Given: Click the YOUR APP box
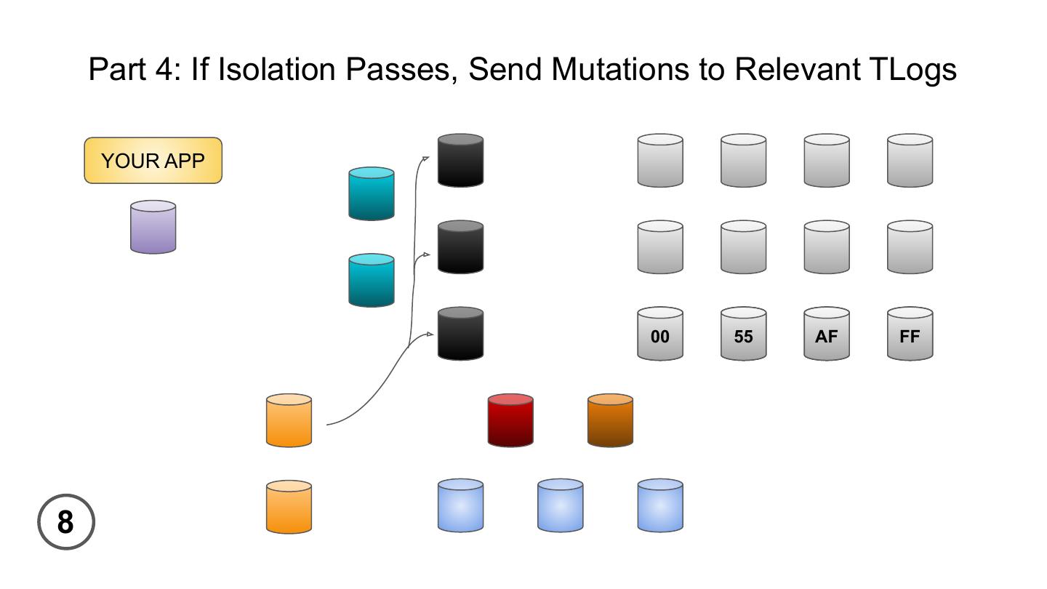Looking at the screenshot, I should coord(153,161).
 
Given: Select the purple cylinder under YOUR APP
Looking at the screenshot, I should coord(153,228).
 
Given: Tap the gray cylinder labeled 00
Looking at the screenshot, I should coord(660,334).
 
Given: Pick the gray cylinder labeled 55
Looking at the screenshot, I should coord(743,334).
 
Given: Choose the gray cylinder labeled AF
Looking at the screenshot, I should coord(827,334).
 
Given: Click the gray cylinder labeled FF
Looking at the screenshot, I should coord(910,334).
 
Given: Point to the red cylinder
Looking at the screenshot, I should coord(510,420).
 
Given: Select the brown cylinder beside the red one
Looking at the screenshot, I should coord(610,420).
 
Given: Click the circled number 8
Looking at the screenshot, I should coord(66,522).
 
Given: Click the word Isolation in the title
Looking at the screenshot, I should coord(278,70).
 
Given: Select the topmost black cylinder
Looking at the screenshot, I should coord(460,160).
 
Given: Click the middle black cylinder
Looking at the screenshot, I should coord(460,247).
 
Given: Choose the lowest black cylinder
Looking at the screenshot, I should coord(460,334).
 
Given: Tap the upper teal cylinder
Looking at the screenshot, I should coord(372,194).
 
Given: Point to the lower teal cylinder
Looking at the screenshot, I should coord(372,281).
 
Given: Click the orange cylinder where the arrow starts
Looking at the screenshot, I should coord(289,420).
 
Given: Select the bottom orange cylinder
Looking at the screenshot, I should coord(289,507).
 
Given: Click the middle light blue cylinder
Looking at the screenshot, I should coord(560,505).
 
